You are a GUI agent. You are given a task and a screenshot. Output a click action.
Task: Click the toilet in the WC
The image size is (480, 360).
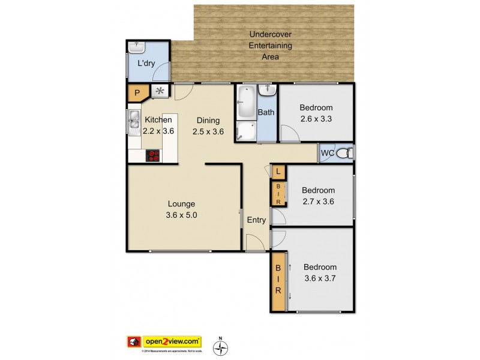click(x=344, y=154)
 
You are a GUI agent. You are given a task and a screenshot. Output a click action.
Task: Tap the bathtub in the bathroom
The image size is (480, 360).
click(x=246, y=103)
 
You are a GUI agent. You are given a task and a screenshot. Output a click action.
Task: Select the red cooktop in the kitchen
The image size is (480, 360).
click(x=153, y=155)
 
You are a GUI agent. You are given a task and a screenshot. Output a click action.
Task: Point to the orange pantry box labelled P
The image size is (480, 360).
click(x=137, y=93)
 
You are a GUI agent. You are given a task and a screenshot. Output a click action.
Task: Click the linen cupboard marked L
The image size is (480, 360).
click(x=278, y=172)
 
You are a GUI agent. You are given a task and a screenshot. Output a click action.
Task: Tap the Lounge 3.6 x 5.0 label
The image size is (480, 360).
click(x=181, y=209)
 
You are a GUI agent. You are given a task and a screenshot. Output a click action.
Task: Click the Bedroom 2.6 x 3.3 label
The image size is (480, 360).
click(x=316, y=113)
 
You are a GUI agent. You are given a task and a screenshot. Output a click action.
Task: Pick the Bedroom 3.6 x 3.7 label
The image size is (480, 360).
click(x=319, y=272)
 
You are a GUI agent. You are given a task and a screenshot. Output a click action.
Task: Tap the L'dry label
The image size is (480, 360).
click(x=146, y=64)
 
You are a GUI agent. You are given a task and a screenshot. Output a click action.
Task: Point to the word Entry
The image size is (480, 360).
click(x=256, y=220)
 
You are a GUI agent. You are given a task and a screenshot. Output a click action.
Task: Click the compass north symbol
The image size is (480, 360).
click(x=221, y=347)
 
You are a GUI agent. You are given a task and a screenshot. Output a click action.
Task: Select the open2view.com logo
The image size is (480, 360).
click(x=164, y=341)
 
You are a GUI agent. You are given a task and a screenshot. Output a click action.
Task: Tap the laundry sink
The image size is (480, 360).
click(x=139, y=46)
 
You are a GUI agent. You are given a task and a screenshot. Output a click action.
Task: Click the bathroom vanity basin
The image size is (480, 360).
click(x=266, y=91)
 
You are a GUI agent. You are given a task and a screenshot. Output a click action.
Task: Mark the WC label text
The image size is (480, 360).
click(x=328, y=154)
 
